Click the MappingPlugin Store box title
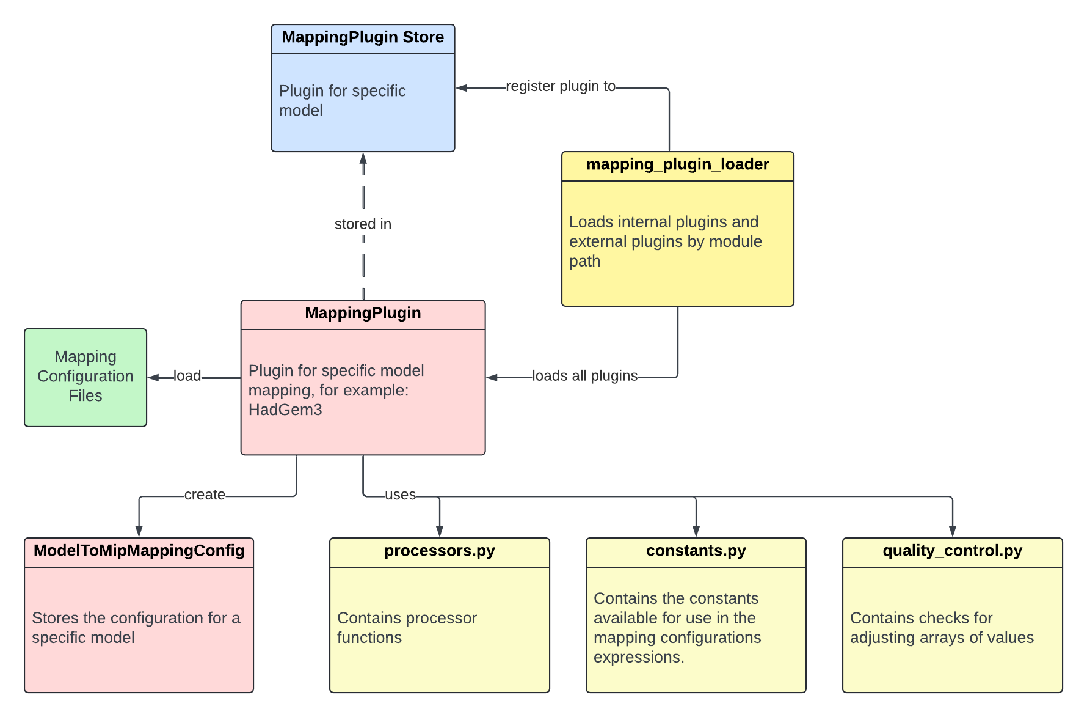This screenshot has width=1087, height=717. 363,38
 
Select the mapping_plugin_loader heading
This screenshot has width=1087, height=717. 677,165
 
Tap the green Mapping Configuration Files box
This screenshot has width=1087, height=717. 85,377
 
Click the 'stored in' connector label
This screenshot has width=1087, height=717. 363,224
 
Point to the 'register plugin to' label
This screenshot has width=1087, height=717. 560,87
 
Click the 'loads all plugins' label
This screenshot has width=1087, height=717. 584,376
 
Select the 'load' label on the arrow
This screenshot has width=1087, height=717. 187,376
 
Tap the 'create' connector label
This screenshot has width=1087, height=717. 205,495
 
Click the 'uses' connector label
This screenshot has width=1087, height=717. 400,495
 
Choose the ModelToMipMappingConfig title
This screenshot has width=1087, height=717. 139,551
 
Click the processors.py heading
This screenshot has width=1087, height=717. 439,551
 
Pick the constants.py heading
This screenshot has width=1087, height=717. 696,551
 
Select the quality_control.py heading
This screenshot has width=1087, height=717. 952,551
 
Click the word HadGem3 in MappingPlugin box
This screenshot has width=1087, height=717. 285,410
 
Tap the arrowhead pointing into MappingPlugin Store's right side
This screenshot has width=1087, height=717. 461,88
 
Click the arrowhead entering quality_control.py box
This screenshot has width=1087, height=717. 952,532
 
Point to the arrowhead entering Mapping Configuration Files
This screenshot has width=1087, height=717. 153,378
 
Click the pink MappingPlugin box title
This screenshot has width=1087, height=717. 363,314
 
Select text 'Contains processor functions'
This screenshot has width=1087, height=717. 406,628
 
